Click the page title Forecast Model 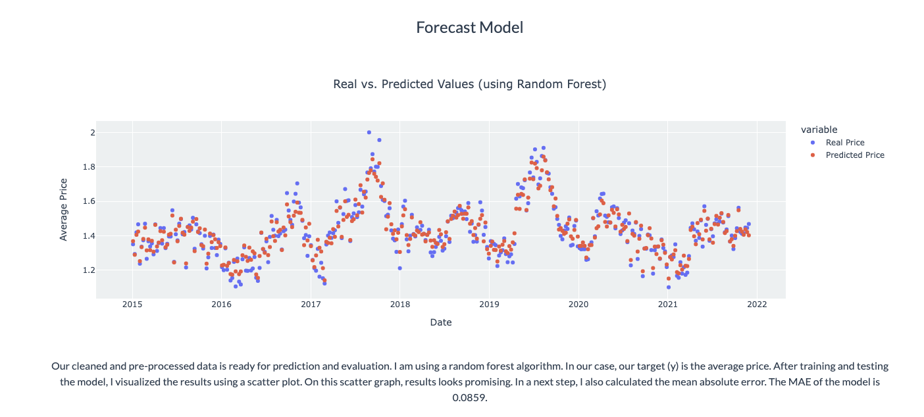coord(470,28)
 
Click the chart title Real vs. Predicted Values coord(469,84)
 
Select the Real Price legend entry coord(845,143)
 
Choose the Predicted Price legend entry coord(855,155)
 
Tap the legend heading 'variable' coord(813,130)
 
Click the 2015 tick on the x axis coord(132,304)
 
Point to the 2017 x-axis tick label coord(311,304)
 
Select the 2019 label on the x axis coord(489,304)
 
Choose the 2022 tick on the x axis coord(757,304)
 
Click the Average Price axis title coord(64,209)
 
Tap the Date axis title coord(440,322)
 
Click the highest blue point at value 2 coord(369,132)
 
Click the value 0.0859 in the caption coord(469,398)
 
